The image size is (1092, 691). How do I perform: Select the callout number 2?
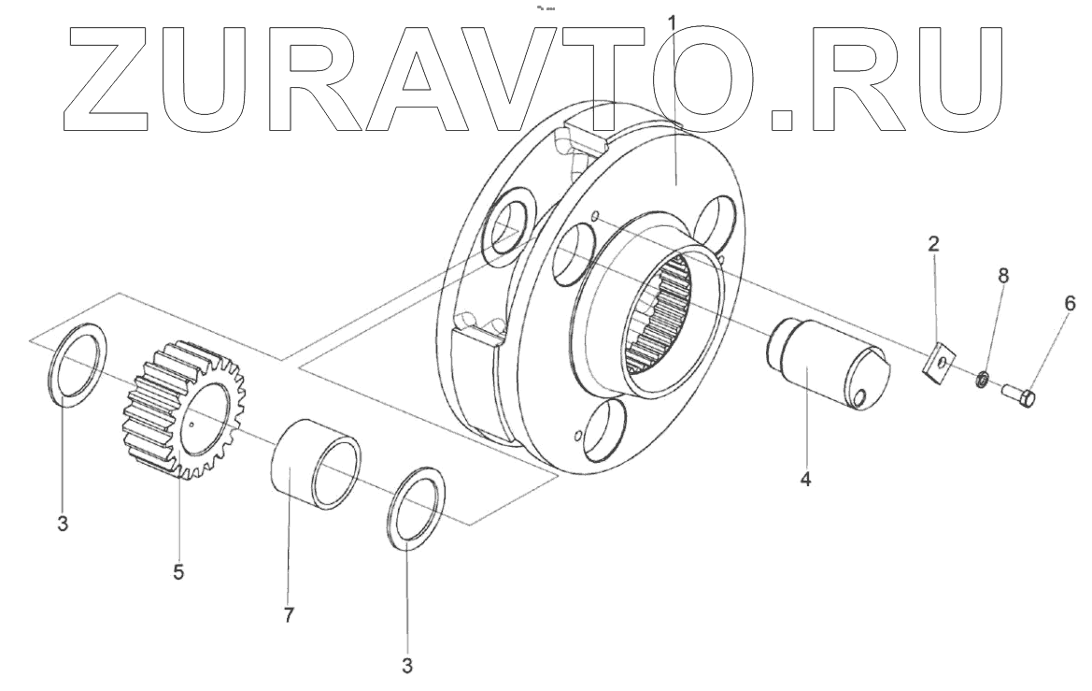[933, 247]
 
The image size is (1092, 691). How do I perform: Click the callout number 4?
[806, 480]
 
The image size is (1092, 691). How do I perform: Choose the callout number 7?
[289, 615]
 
